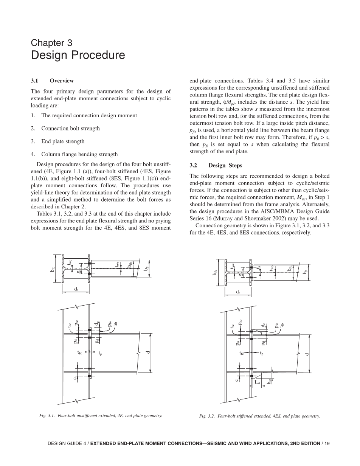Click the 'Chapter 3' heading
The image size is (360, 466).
click(51, 43)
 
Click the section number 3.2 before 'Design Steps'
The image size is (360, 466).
click(194, 166)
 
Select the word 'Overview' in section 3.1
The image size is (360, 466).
click(62, 81)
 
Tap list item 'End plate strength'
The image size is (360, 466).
click(63, 141)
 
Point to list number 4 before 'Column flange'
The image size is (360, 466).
click(33, 154)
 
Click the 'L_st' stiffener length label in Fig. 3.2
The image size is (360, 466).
click(257, 383)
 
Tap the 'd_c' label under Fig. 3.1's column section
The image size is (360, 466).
click(76, 289)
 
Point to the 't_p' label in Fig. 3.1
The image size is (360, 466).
click(100, 353)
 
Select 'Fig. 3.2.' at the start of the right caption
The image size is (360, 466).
click(207, 416)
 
